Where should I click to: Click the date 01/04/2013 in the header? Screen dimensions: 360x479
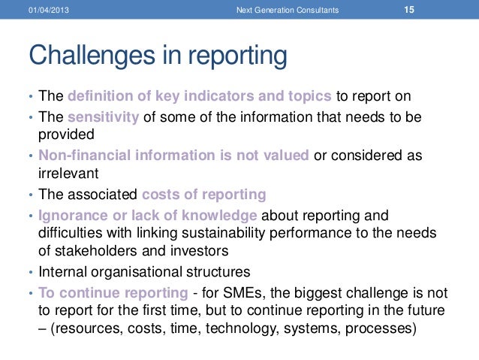(x=47, y=11)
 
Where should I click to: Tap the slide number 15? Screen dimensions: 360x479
(x=409, y=10)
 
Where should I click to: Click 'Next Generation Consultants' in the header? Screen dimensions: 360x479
(x=286, y=11)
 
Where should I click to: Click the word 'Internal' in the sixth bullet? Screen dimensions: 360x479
(x=63, y=271)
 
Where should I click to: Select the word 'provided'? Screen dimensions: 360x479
(x=66, y=135)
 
